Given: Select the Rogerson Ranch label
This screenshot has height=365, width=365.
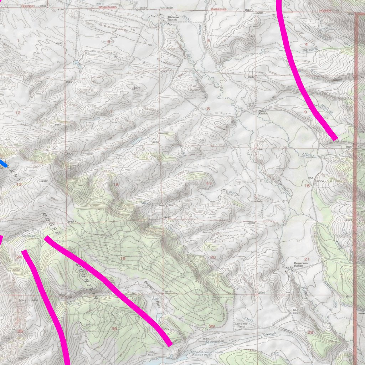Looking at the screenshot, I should pyautogui.click(x=298, y=265).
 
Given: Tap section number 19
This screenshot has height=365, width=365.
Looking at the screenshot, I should pyautogui.click(x=123, y=259).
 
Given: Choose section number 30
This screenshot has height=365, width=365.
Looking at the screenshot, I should pyautogui.click(x=114, y=328).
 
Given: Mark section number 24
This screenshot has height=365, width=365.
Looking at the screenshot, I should pyautogui.click(x=19, y=257).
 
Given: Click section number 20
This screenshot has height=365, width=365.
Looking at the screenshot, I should pyautogui.click(x=213, y=257).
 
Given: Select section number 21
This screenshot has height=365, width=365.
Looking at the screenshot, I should pyautogui.click(x=307, y=259).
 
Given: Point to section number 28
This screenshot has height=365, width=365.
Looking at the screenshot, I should pyautogui.click(x=310, y=332).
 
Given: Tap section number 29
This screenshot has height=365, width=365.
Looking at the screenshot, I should pyautogui.click(x=212, y=326).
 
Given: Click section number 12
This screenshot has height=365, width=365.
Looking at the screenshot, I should pyautogui.click(x=17, y=113).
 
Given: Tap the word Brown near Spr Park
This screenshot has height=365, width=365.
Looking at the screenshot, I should pyautogui.click(x=149, y=284).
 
